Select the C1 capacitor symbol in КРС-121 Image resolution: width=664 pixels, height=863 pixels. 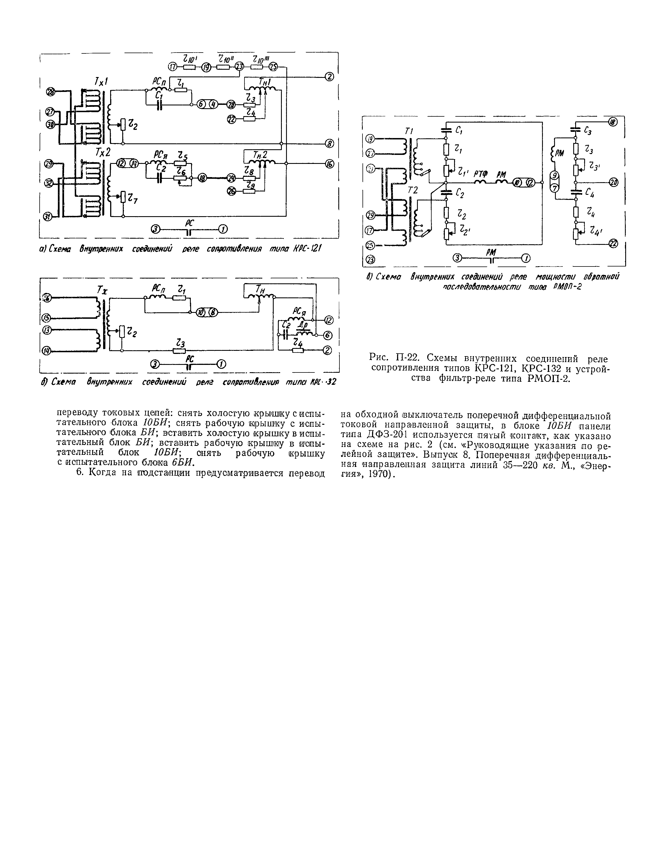[x=160, y=105]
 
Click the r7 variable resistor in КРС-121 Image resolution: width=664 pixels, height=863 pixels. [x=123, y=196]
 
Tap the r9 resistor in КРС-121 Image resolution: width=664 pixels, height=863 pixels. [x=249, y=191]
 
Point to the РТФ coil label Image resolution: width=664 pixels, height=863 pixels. [x=481, y=174]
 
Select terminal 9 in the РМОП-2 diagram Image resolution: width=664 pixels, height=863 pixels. [x=554, y=175]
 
